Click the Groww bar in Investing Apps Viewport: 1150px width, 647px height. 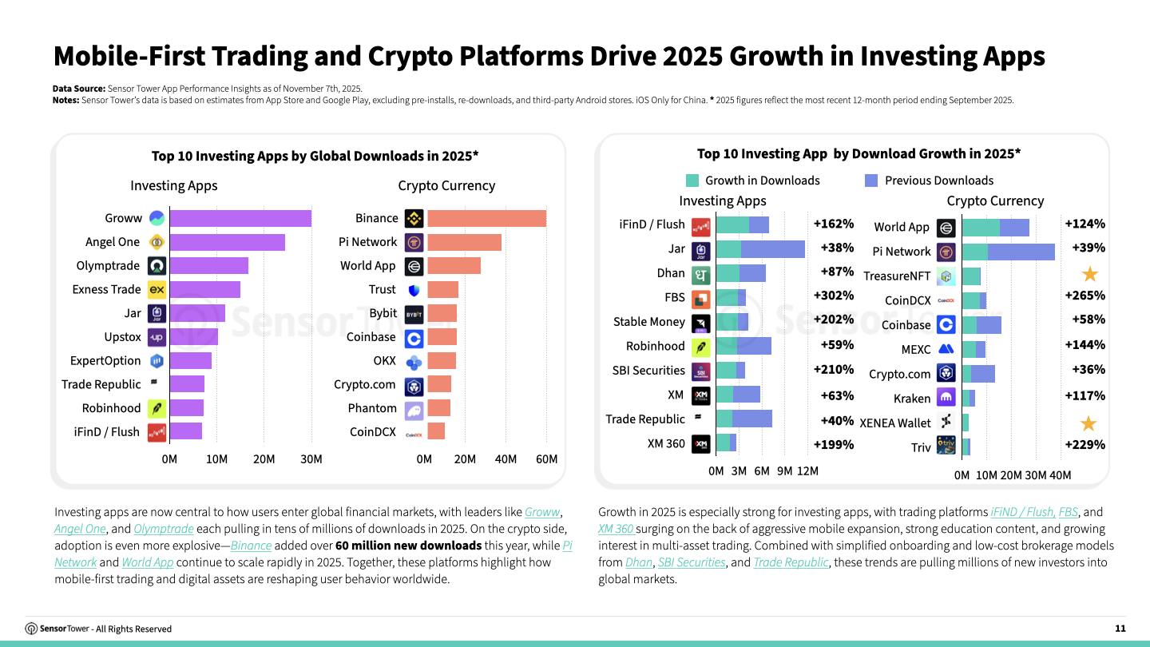click(240, 218)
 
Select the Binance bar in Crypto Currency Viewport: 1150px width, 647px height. click(486, 218)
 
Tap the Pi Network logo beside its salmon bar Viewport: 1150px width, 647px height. click(414, 242)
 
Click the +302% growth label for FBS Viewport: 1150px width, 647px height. click(833, 296)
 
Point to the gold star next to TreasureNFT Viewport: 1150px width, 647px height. click(1089, 275)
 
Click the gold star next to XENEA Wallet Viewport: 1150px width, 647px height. click(1089, 423)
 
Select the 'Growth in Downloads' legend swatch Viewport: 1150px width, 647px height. click(692, 181)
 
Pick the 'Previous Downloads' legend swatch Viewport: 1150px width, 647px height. click(871, 181)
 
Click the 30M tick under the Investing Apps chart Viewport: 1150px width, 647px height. click(311, 459)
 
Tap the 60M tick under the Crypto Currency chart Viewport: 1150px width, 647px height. click(546, 459)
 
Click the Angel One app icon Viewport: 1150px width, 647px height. click(157, 242)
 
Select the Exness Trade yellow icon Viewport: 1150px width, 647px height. click(157, 289)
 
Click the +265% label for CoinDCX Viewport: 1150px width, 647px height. click(1085, 296)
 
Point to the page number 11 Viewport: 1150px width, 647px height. click(1120, 629)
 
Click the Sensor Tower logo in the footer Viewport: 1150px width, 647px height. click(32, 629)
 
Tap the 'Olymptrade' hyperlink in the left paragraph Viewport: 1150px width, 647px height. click(164, 529)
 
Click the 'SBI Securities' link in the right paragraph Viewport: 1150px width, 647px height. click(691, 562)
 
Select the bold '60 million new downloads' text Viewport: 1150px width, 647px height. click(408, 546)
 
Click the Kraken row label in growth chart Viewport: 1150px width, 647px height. click(912, 399)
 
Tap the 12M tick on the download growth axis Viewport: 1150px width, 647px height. click(807, 471)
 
